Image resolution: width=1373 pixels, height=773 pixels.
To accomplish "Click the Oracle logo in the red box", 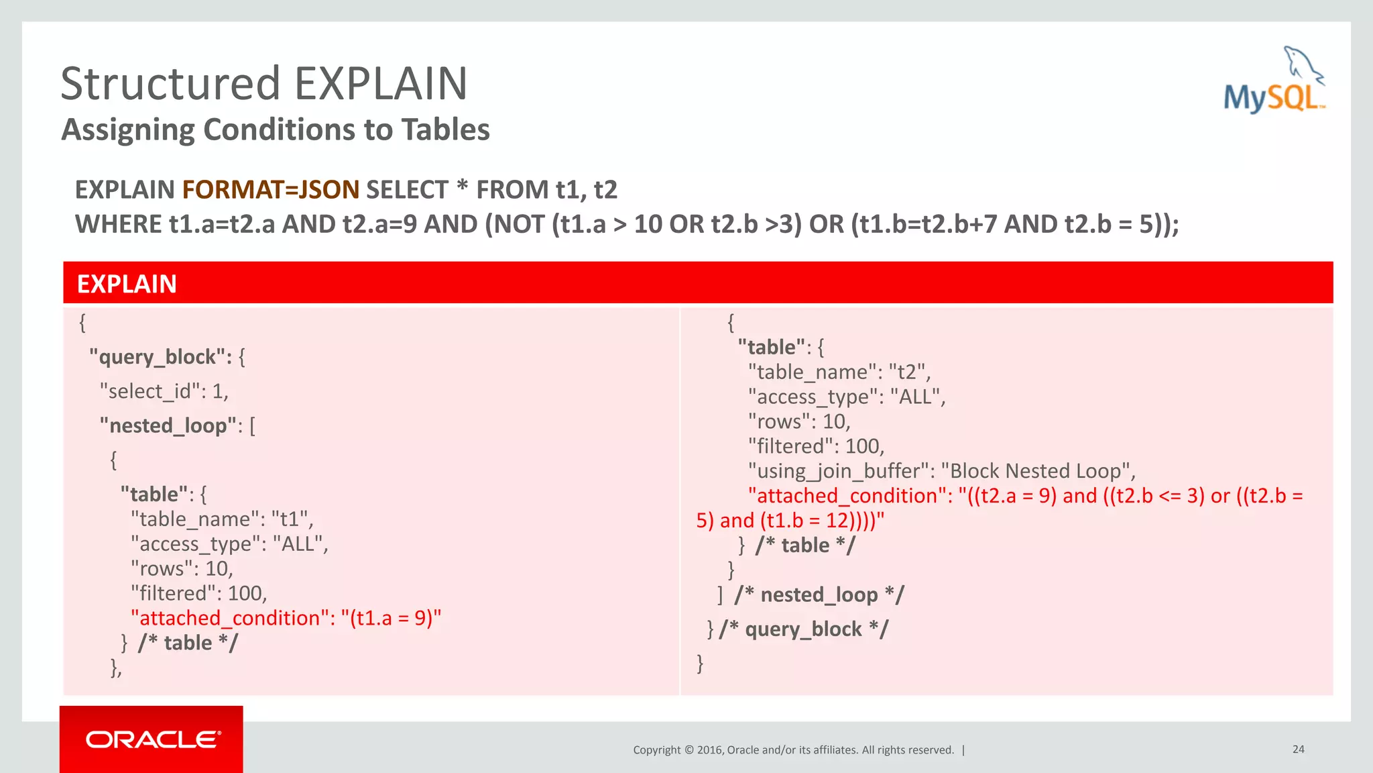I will click(x=152, y=739).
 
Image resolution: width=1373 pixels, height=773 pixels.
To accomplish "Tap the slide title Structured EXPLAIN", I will click(x=263, y=84).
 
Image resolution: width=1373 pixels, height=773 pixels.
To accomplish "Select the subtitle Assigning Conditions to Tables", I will click(x=276, y=130).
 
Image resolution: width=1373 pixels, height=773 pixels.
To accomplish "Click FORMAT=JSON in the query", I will click(x=271, y=190).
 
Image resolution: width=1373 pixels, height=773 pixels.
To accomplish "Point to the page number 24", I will click(x=1298, y=749).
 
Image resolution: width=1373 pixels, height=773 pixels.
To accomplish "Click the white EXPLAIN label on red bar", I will click(x=127, y=284).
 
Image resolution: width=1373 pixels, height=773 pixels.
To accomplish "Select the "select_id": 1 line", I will click(x=164, y=391).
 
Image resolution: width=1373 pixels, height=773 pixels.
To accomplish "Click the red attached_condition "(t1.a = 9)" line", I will click(x=286, y=617).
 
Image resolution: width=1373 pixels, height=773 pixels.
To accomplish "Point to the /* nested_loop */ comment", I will click(x=819, y=595).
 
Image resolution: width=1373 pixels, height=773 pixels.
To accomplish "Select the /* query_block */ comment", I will click(x=803, y=629).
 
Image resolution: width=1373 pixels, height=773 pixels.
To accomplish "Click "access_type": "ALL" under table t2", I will click(x=846, y=397).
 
